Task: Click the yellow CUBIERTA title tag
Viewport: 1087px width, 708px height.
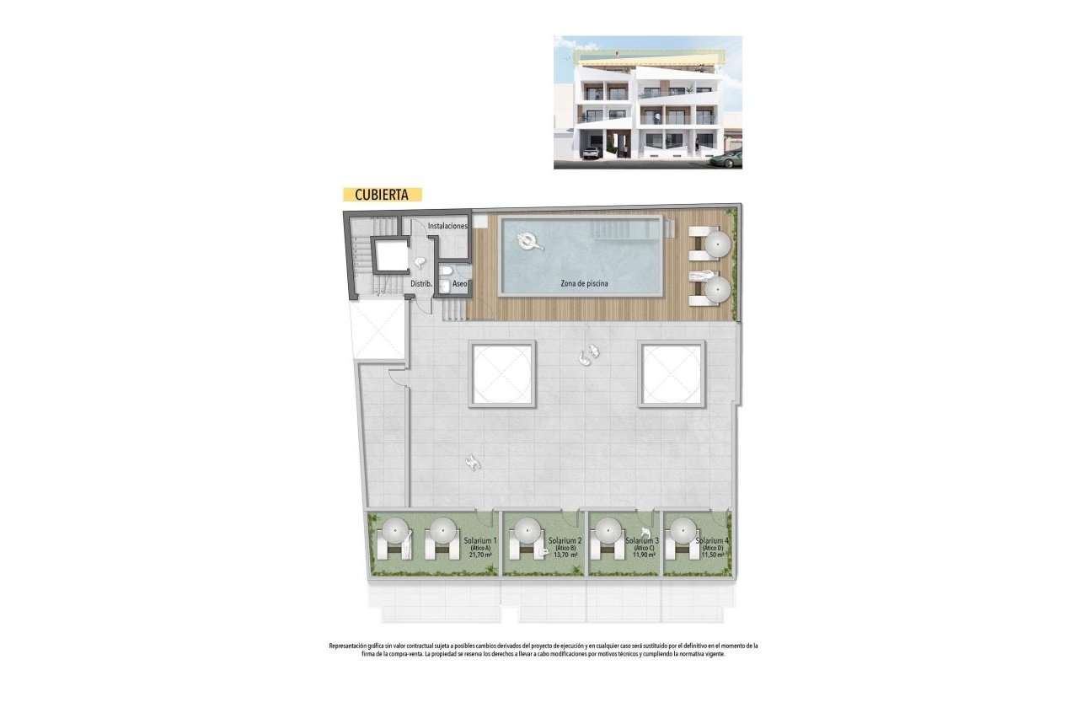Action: [382, 194]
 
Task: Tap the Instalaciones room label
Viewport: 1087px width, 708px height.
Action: [447, 227]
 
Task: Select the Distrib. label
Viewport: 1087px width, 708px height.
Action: [420, 285]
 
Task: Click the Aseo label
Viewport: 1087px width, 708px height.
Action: [460, 285]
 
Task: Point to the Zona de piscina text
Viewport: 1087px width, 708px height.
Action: [585, 284]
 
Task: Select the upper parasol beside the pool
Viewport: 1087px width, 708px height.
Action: [717, 244]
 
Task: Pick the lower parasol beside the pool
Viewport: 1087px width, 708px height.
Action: [717, 289]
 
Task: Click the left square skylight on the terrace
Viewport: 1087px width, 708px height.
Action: [502, 373]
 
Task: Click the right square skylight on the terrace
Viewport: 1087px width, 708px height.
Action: [672, 373]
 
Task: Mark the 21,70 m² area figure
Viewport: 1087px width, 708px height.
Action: [482, 555]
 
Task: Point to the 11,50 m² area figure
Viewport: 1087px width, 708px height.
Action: [714, 555]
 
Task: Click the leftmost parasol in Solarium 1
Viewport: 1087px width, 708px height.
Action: [396, 532]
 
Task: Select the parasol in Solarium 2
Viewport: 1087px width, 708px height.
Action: [527, 532]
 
